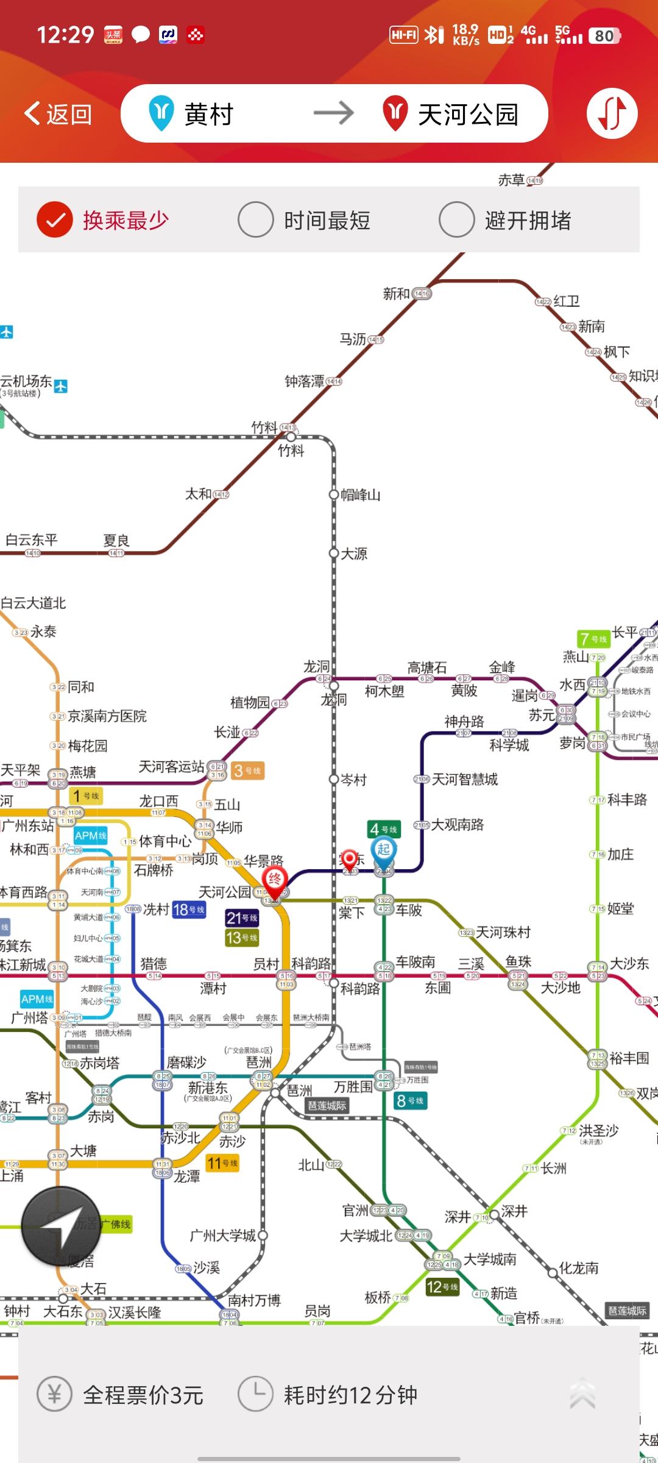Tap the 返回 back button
(x=58, y=114)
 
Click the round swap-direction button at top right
(x=612, y=113)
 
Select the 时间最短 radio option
(x=255, y=220)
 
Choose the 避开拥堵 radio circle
(x=456, y=220)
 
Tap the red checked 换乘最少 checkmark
(x=55, y=220)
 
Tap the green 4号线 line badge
(x=384, y=829)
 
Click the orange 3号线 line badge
(x=247, y=771)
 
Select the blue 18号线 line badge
(x=189, y=910)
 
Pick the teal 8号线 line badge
(x=410, y=1101)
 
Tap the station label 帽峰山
(x=360, y=495)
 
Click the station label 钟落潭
(x=305, y=382)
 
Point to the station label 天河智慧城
(x=464, y=779)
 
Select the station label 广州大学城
(x=222, y=1236)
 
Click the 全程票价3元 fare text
(x=143, y=1395)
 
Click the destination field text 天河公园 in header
(x=467, y=114)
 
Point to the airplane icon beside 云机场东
(x=61, y=386)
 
